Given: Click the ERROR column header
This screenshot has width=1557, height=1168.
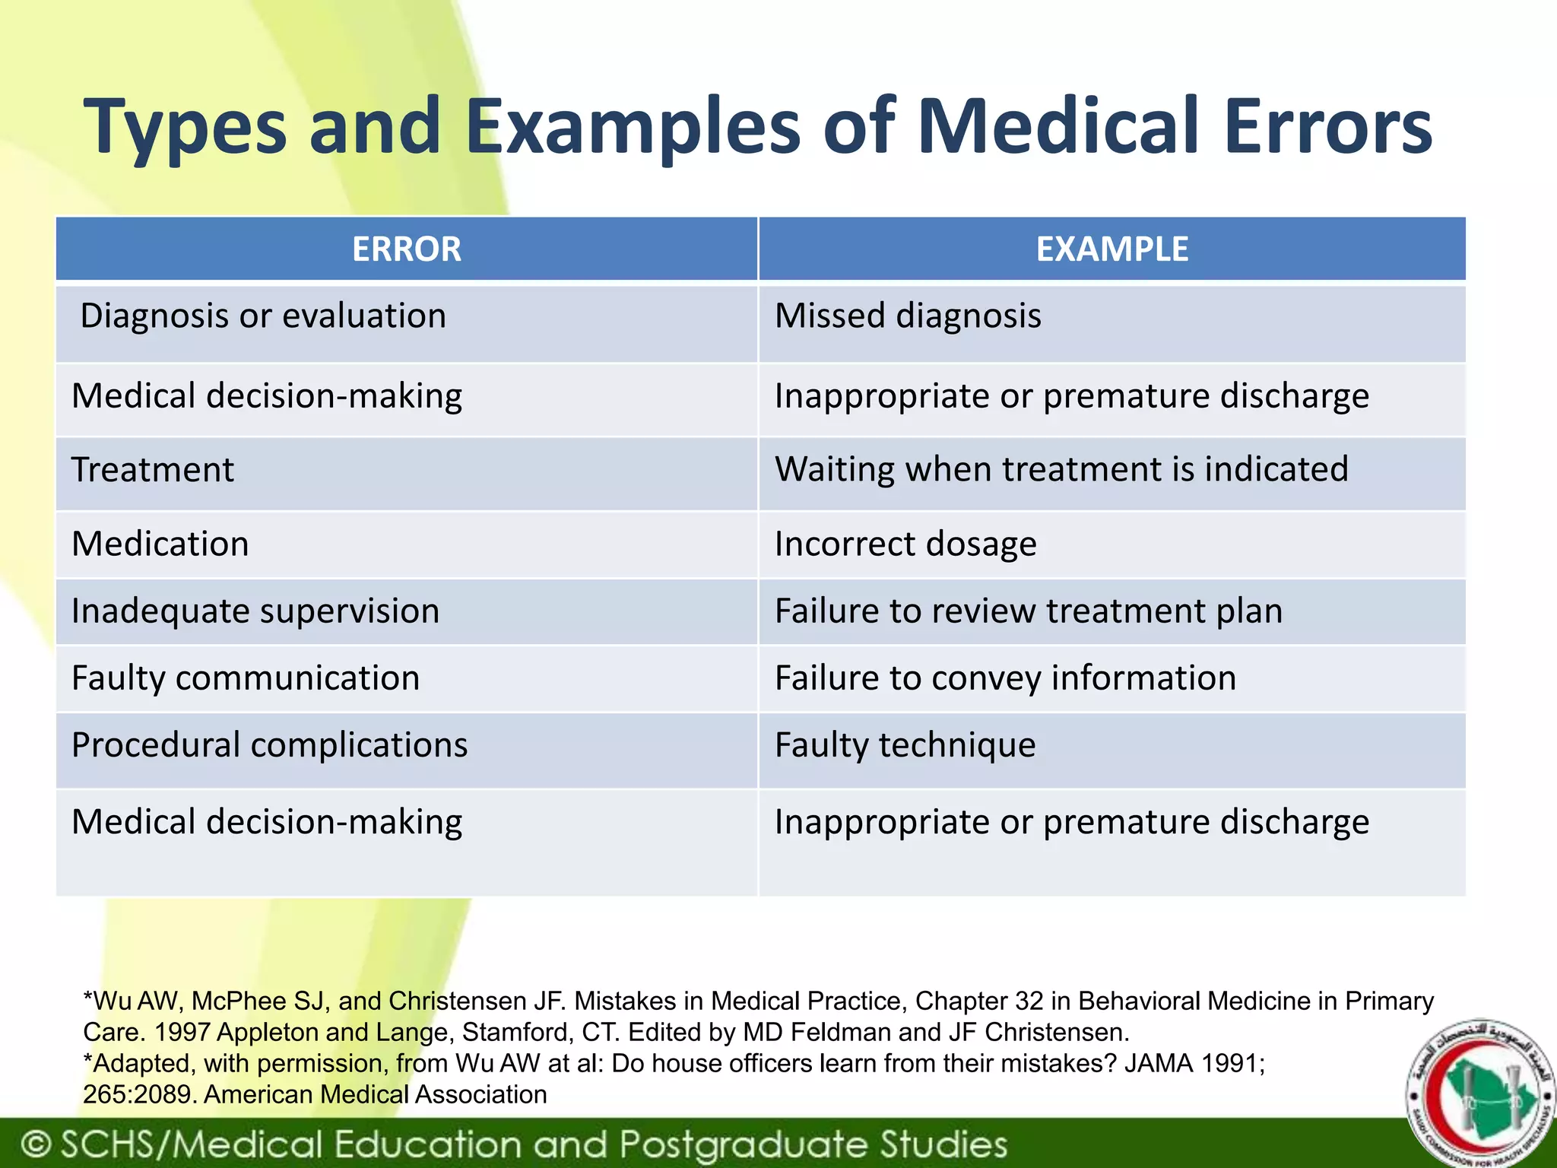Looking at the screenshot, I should [407, 249].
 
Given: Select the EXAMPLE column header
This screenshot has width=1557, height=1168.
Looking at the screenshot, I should [1111, 249].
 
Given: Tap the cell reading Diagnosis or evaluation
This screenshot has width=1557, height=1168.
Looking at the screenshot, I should [263, 316].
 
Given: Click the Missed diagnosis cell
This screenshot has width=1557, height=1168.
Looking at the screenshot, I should [908, 316].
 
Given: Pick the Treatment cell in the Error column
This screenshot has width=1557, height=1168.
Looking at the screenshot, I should [152, 470].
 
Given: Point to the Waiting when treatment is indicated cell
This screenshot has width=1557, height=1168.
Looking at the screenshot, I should [1061, 470].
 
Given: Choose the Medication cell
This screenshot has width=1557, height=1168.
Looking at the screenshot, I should [160, 544].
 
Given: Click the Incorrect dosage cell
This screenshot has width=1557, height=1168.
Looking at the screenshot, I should [905, 544].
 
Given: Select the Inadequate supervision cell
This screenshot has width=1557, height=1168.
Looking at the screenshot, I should [255, 611].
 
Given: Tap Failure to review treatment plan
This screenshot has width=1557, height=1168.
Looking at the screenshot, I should [1029, 611].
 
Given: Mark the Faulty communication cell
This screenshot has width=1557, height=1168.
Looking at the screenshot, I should [246, 678].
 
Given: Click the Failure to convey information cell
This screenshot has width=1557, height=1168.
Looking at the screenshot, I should [1005, 678].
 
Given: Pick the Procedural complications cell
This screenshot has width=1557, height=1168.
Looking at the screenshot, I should [269, 745].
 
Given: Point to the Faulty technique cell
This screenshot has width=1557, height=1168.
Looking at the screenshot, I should [905, 745].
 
